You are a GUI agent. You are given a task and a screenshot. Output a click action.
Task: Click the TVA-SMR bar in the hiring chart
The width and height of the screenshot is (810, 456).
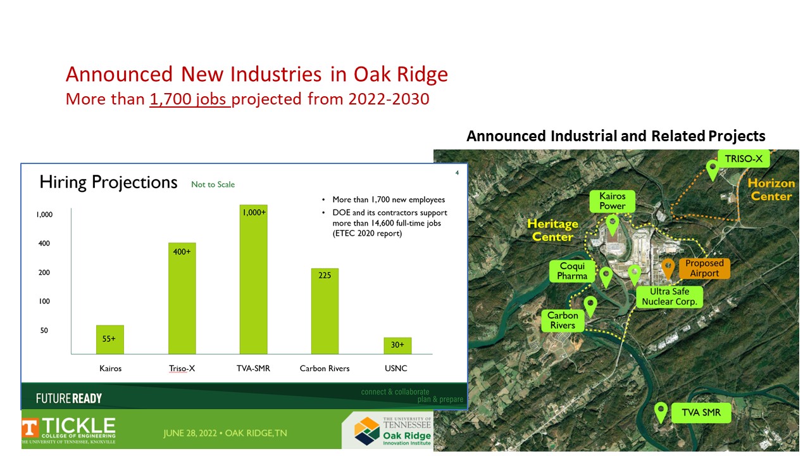254,279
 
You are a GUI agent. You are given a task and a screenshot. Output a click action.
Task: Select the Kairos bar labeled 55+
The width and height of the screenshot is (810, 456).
110,339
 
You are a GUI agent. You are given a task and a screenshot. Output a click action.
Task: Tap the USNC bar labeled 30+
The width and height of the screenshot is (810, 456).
397,346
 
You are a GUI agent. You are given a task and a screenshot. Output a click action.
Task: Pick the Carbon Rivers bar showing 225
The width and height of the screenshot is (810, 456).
325,311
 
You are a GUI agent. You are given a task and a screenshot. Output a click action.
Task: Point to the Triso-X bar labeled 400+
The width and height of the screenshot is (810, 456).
182,298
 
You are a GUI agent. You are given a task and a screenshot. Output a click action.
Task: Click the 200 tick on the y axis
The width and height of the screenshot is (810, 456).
44,272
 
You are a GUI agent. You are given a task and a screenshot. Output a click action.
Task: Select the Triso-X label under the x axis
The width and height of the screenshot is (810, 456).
182,369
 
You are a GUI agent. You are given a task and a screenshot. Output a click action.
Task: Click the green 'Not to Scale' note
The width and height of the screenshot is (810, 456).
213,184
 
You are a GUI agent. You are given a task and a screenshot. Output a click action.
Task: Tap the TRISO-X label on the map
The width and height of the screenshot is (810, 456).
744,159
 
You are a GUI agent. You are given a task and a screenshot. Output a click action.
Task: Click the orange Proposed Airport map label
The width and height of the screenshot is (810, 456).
704,268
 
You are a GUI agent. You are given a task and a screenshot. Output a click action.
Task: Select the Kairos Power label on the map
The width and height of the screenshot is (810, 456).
612,201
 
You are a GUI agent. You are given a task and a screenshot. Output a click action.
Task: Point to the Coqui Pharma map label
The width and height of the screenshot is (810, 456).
572,271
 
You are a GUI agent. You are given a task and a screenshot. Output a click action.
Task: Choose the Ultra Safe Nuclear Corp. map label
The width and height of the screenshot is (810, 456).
670,297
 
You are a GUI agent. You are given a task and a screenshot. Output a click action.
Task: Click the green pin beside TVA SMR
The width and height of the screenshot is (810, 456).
661,412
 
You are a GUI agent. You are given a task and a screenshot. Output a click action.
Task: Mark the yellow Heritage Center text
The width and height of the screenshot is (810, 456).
552,230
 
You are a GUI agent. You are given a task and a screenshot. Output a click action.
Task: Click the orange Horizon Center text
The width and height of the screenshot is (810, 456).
771,189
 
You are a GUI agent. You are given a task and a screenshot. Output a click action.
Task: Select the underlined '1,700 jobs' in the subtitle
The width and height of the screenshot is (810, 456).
190,99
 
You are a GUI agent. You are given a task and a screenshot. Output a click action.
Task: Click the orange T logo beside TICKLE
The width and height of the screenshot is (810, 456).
30,429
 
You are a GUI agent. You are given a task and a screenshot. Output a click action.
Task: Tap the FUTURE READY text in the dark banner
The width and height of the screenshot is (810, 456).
69,398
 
